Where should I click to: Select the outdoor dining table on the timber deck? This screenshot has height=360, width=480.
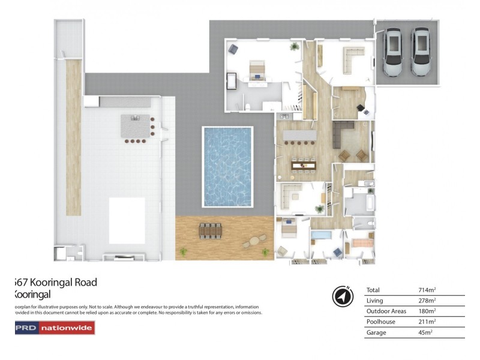210,230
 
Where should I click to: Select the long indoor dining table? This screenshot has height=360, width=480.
302,163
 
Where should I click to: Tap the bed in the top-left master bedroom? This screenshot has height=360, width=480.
258,68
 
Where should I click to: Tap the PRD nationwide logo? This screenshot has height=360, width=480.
54,328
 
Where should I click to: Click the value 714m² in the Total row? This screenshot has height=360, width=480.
427,290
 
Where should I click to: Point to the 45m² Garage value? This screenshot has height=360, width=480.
425,332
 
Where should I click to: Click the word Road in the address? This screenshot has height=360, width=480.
82,283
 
